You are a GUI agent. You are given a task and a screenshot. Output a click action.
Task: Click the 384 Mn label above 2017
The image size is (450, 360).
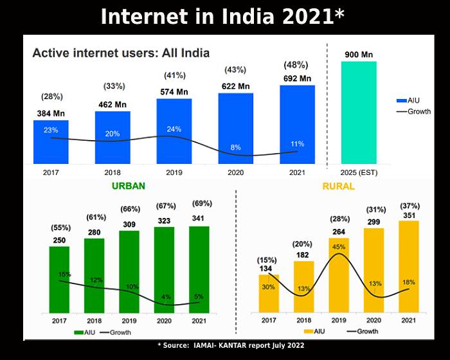coord(50,113)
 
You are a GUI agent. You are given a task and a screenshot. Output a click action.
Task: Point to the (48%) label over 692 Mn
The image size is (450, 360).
coord(296,66)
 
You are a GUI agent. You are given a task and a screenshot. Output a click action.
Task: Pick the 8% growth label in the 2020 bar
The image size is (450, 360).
coord(236,147)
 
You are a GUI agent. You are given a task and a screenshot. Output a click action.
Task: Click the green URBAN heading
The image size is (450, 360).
coord(129,186)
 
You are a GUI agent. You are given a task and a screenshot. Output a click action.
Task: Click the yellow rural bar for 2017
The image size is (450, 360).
coord(269,292)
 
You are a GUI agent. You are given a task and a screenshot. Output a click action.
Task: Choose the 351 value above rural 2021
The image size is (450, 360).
coord(409,216)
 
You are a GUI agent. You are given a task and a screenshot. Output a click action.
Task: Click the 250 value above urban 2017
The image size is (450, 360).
coord(60,240)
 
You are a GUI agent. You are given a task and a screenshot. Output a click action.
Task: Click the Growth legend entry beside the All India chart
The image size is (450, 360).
coord(411,111)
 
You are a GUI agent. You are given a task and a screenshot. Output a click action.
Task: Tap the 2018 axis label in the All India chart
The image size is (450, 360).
coord(113,172)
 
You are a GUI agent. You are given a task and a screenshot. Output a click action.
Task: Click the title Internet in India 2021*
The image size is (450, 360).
coord(224,16)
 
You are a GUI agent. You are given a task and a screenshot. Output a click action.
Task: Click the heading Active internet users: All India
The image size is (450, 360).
coord(121,53)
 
